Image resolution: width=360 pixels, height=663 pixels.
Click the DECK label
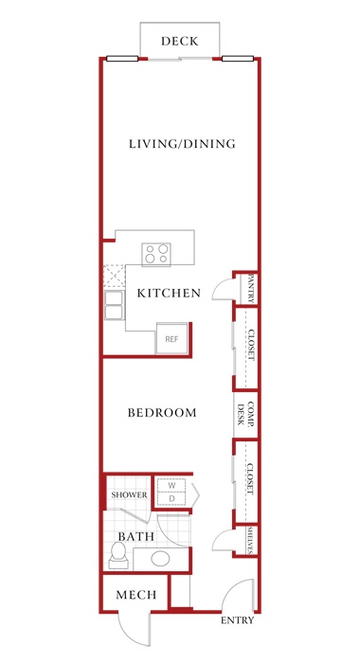tap(179, 41)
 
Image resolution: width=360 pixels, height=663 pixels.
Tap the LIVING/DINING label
tap(182, 144)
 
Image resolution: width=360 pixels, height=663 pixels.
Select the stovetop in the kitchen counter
tap(156, 254)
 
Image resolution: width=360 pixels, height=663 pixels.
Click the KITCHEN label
tap(169, 293)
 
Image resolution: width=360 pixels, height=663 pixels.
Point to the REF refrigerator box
tap(171, 338)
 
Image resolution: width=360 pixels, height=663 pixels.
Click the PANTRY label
tap(251, 288)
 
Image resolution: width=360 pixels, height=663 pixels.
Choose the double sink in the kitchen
tap(115, 305)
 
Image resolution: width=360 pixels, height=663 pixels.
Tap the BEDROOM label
tap(162, 413)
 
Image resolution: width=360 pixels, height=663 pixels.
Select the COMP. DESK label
tap(245, 414)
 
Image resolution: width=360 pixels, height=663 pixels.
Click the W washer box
tap(171, 486)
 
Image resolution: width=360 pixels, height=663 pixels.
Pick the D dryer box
tap(171, 499)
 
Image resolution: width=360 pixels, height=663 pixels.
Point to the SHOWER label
tap(130, 494)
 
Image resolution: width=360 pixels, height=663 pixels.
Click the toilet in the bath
tap(118, 556)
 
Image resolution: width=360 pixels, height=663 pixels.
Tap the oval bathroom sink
tap(160, 559)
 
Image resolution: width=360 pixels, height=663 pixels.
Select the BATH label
tap(135, 537)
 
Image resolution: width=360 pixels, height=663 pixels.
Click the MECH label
tap(136, 596)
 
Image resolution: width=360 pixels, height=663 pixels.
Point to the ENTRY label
tap(238, 620)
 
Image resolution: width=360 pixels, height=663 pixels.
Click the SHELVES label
tap(251, 540)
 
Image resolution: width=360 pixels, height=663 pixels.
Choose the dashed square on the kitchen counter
tap(115, 277)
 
